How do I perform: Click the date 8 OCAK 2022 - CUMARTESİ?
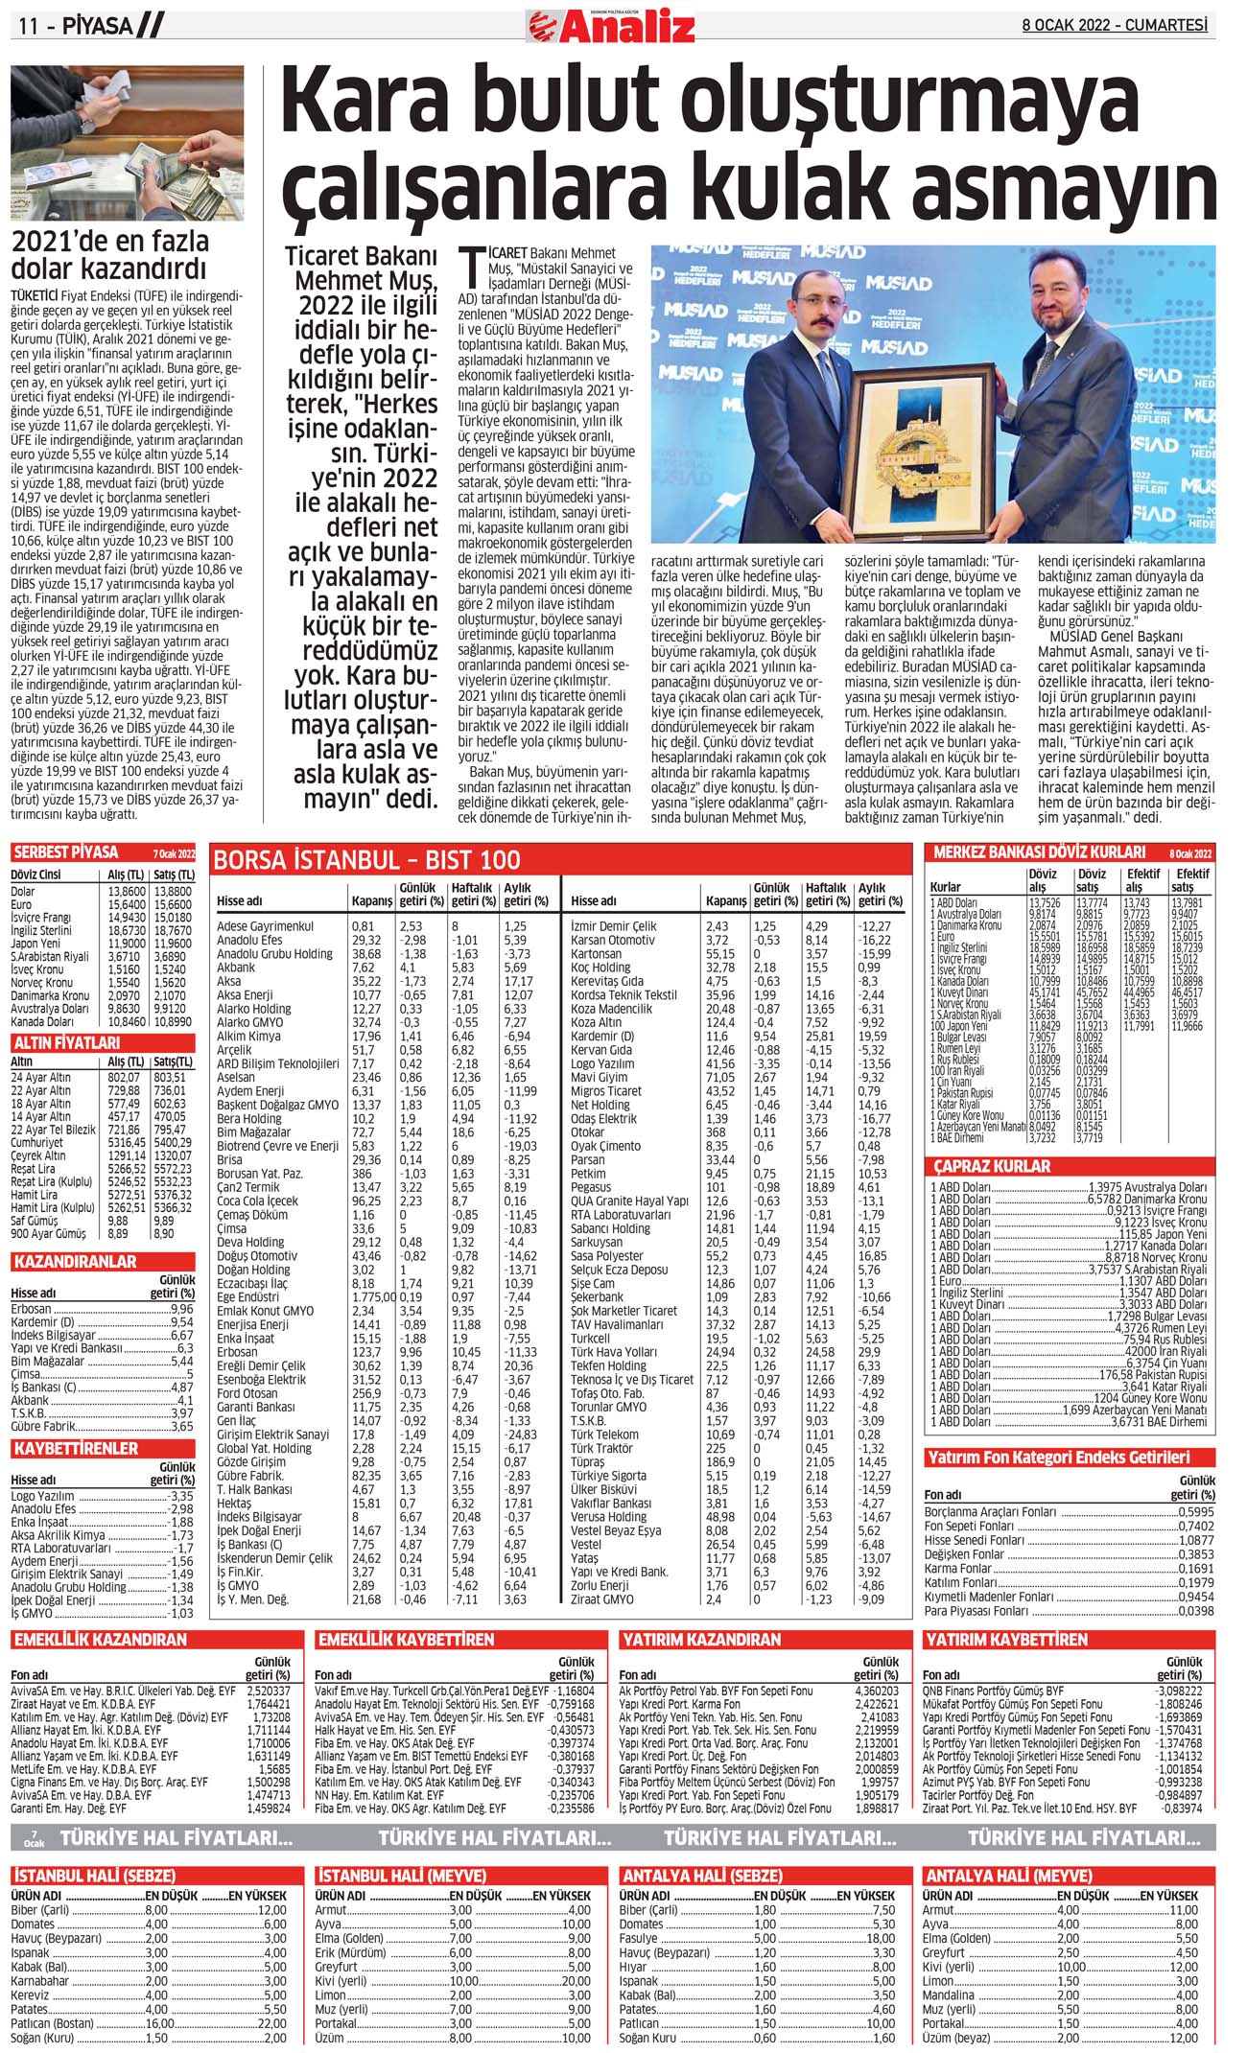pyautogui.click(x=1114, y=26)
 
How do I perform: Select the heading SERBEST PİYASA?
pyautogui.click(x=66, y=852)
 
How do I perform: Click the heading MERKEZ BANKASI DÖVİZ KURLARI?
pyautogui.click(x=1039, y=852)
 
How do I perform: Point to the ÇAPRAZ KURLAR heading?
pyautogui.click(x=992, y=1166)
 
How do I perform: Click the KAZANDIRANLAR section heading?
pyautogui.click(x=75, y=1261)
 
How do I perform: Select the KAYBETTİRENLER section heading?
pyautogui.click(x=76, y=1448)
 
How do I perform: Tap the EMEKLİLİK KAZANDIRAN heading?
pyautogui.click(x=100, y=1640)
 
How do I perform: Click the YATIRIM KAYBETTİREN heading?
pyautogui.click(x=1004, y=1640)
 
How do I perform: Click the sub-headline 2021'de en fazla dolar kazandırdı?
pyautogui.click(x=109, y=255)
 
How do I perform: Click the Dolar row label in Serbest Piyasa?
pyautogui.click(x=23, y=891)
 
